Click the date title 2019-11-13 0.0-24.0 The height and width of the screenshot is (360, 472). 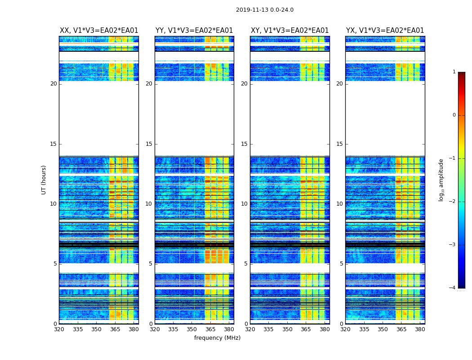(264, 10)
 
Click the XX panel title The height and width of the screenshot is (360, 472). (99, 31)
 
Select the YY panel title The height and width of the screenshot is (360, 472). (194, 31)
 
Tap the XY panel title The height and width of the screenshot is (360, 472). (289, 31)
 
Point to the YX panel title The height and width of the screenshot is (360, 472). (385, 31)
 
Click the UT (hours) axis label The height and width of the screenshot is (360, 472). (44, 180)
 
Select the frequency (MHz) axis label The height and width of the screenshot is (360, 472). (217, 338)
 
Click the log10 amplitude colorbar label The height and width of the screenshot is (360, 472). (441, 180)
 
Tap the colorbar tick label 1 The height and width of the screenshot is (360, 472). (454, 72)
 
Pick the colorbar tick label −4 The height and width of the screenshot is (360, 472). (453, 288)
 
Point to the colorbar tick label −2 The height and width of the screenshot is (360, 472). (453, 202)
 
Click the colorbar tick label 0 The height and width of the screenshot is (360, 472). (454, 115)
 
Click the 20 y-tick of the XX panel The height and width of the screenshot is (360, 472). (53, 84)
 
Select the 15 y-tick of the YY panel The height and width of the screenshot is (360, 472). (149, 144)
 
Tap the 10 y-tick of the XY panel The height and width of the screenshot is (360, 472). (244, 204)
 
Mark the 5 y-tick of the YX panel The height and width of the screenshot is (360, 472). (341, 264)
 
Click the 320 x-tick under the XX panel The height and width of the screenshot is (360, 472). (59, 329)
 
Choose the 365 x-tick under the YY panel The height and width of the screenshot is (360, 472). (210, 329)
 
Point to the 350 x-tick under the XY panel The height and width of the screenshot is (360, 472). (287, 329)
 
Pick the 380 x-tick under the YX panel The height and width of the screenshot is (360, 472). (420, 329)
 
